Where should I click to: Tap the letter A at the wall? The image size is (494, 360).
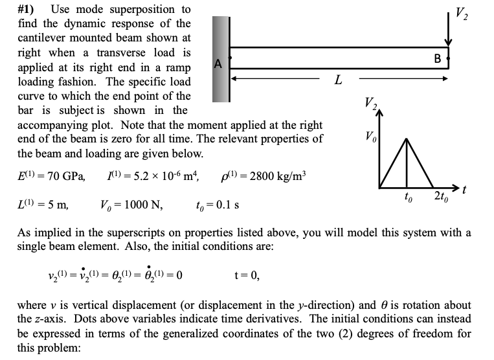click(218, 63)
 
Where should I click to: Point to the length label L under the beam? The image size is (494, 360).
click(337, 80)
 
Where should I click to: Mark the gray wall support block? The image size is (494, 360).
click(221, 58)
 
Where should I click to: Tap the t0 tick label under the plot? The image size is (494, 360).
click(407, 195)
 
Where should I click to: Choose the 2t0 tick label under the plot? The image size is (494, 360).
click(440, 195)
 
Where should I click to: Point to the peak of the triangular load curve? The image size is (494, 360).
click(407, 139)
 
